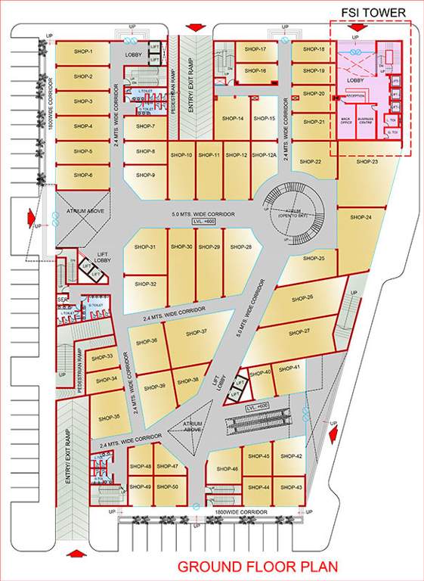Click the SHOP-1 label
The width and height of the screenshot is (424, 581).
83,51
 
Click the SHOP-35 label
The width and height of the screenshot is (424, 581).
110,417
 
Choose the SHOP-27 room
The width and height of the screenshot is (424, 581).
300,332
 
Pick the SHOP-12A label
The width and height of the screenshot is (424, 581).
264,155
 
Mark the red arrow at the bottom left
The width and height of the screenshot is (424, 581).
74,554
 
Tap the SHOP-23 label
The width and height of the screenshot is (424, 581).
367,162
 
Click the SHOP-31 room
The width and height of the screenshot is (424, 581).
145,247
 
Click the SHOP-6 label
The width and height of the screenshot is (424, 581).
83,176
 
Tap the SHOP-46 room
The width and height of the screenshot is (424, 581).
227,469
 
